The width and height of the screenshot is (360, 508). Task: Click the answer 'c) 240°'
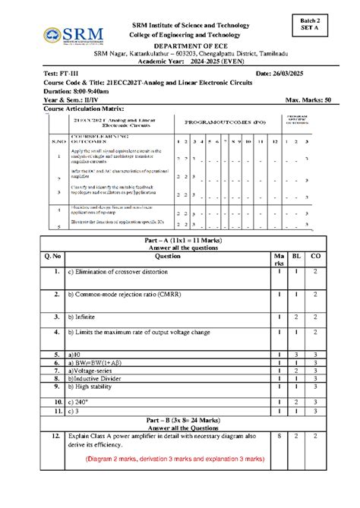click(x=79, y=402)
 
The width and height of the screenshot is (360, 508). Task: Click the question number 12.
click(x=52, y=437)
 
